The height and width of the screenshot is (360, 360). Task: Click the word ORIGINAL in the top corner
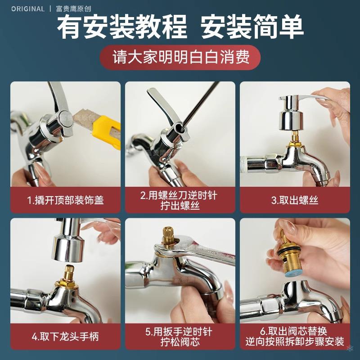click(x=28, y=9)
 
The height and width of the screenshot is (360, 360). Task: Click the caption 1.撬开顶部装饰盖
click(x=66, y=200)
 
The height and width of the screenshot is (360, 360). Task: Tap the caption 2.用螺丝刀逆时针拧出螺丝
click(x=180, y=200)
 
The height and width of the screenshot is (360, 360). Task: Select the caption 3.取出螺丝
click(x=295, y=200)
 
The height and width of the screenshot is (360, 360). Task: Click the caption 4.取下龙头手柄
click(x=66, y=336)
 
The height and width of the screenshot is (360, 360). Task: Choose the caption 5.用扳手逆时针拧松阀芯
click(x=180, y=336)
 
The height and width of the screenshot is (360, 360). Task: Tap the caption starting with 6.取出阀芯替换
click(x=295, y=336)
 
